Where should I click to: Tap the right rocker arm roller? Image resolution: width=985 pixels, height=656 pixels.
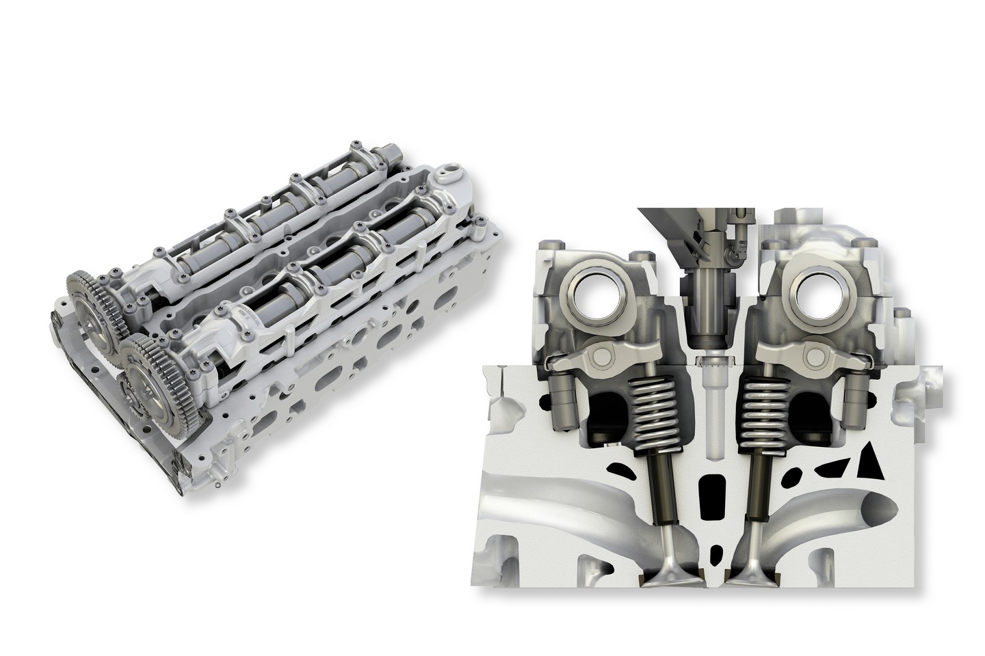[815, 356]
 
